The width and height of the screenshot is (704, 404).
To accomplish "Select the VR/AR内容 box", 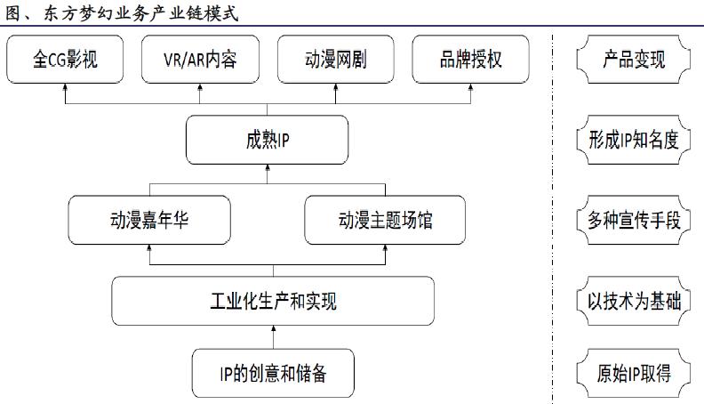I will pyautogui.click(x=201, y=61).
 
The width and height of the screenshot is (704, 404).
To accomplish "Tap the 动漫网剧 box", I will pyautogui.click(x=335, y=61).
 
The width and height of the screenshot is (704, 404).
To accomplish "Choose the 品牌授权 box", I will pyautogui.click(x=470, y=61).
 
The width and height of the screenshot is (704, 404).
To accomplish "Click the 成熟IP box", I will pyautogui.click(x=267, y=141).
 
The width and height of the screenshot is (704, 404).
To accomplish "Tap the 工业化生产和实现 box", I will pyautogui.click(x=272, y=301).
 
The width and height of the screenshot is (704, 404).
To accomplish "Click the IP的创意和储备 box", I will pyautogui.click(x=273, y=373).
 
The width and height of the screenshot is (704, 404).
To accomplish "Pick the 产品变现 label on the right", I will pyautogui.click(x=633, y=61).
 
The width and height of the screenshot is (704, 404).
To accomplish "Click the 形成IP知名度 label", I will pyautogui.click(x=633, y=141).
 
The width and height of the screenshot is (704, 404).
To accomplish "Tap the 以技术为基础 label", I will pyautogui.click(x=633, y=301).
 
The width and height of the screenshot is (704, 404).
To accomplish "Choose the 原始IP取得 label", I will pyautogui.click(x=633, y=373).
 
